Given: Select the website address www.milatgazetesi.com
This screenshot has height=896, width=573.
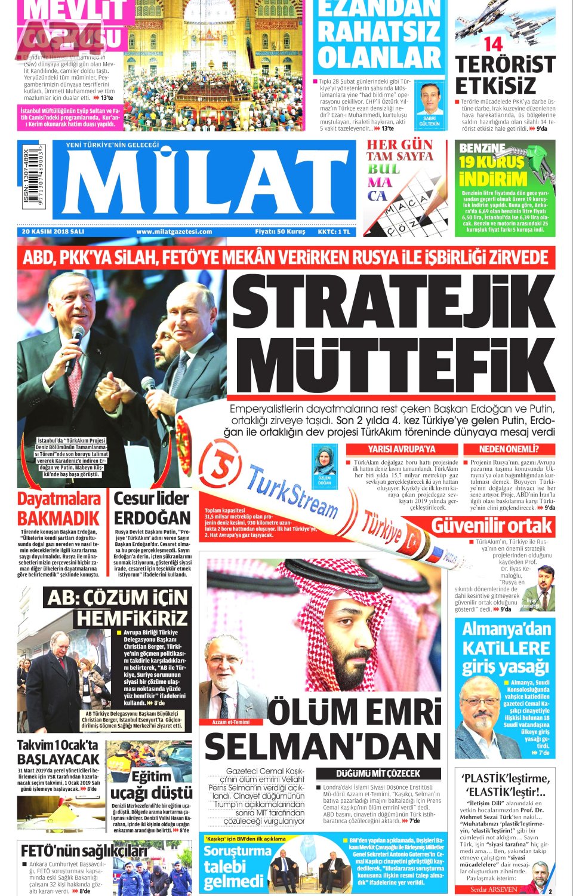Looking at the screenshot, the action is pos(174,232).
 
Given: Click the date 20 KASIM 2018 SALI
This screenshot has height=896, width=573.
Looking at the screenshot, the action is pos(53,232).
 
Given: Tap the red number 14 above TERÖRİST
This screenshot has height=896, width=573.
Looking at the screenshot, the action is pos(493,44).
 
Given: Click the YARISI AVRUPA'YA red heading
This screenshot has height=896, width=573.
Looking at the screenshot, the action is pos(401,449).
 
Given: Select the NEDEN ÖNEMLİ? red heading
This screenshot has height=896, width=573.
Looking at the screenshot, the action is pos(509,449).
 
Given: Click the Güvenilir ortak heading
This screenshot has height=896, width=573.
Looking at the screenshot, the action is pos(492,526).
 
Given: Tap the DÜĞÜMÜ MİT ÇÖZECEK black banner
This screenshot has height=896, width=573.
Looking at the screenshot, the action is pos(378,774).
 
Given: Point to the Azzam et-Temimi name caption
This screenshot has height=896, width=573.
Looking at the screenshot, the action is pos(231,722).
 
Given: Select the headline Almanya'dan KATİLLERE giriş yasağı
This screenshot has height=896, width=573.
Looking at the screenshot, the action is pos(506,648).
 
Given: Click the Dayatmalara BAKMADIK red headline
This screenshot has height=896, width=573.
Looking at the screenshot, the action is pos(58,508).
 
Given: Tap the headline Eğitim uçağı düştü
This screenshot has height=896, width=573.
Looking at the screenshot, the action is pos(152,785).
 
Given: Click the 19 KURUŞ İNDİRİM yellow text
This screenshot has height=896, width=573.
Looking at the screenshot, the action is pos(492,171).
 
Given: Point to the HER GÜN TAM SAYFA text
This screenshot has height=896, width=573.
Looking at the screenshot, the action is pos(399,150).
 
